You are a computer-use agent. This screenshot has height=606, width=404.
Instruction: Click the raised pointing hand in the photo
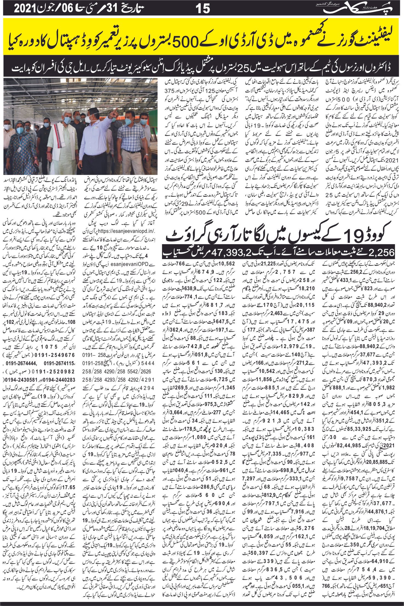pyautogui.click(x=116, y=111)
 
